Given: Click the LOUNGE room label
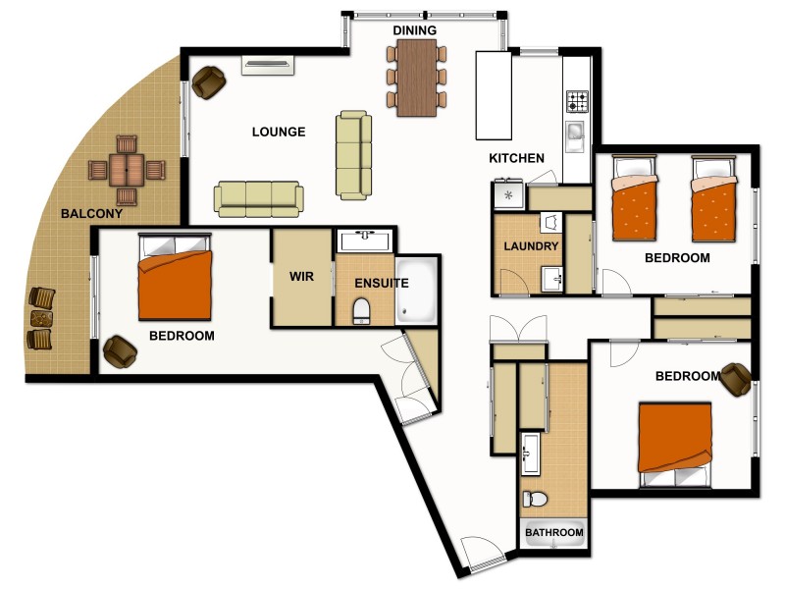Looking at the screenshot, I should (x=278, y=132).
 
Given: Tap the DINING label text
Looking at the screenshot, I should (x=414, y=31).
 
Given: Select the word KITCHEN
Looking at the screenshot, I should (x=516, y=158).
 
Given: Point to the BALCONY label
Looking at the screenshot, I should (x=91, y=213).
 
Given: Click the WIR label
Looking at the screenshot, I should (x=301, y=277).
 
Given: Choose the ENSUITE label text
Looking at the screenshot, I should (x=381, y=284).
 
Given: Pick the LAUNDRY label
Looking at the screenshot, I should (x=532, y=246).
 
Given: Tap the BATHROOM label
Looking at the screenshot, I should (x=553, y=533).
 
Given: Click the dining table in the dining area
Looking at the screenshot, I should (x=417, y=77).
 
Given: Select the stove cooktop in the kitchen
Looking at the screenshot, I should (x=576, y=102).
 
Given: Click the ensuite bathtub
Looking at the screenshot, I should (x=419, y=293).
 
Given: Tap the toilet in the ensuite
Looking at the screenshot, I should (x=360, y=311).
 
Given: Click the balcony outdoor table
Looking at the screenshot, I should (x=126, y=169).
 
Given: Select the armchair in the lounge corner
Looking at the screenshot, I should (x=209, y=81).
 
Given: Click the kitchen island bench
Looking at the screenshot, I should (x=494, y=96).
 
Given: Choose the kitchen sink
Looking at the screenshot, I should (x=575, y=133).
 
